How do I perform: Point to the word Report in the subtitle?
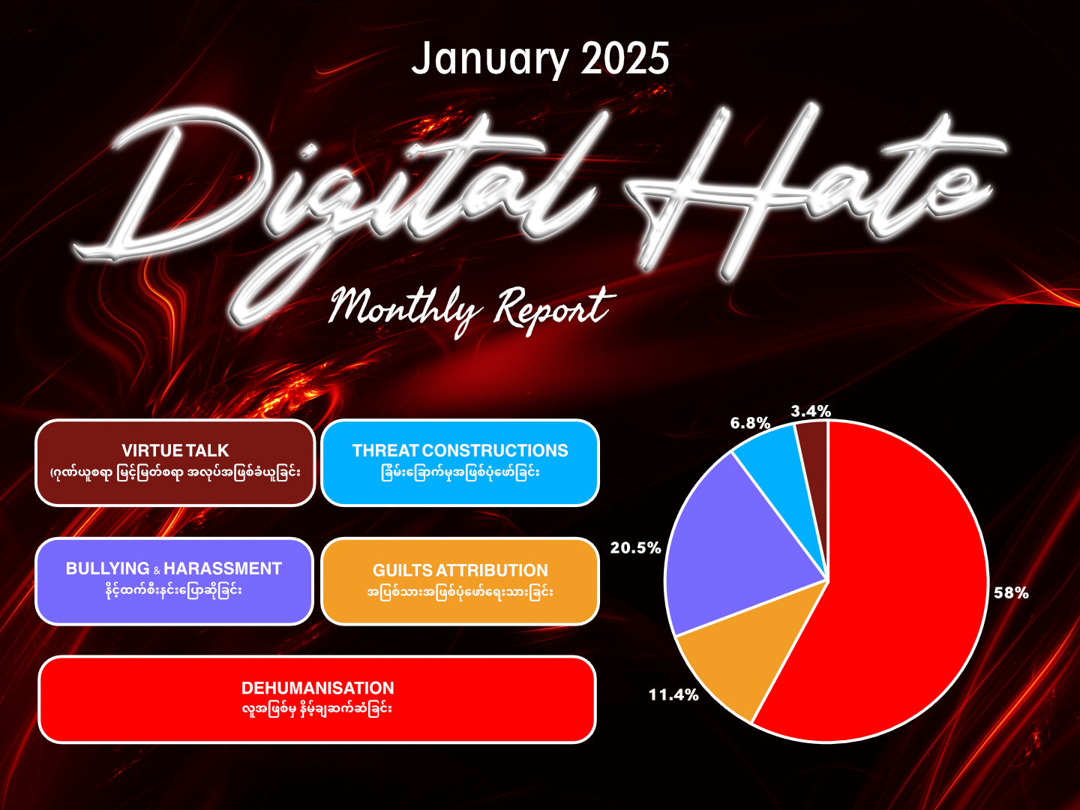tap(554, 310)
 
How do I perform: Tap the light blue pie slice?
tap(782, 472)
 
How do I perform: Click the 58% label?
tap(1011, 593)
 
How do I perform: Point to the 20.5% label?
tap(636, 547)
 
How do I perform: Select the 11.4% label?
tap(673, 695)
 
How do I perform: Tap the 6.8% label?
tap(750, 423)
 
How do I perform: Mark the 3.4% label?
tap(811, 411)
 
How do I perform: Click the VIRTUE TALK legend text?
tap(175, 451)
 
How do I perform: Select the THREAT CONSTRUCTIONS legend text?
tap(460, 451)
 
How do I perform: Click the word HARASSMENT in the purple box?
tap(223, 568)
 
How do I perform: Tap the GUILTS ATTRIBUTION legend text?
tap(460, 571)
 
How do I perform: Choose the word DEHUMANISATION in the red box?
tap(317, 688)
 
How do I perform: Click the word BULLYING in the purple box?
tap(108, 568)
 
